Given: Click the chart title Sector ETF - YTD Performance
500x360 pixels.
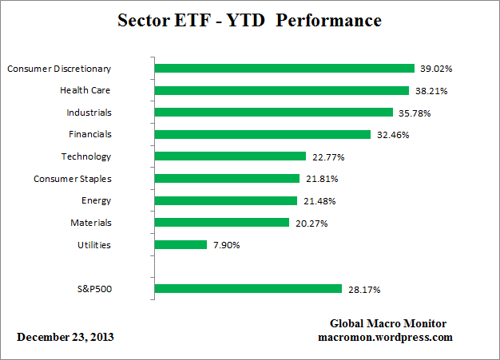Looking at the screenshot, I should [x=249, y=19].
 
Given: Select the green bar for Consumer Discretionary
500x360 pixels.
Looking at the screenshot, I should [x=284, y=69].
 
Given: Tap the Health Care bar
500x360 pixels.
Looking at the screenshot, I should [x=280, y=90].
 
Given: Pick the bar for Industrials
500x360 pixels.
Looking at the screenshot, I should [x=272, y=113].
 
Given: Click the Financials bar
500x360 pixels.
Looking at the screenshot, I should [x=261, y=135].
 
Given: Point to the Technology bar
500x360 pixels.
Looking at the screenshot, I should [x=229, y=156].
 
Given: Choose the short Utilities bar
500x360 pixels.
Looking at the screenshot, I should [x=180, y=245].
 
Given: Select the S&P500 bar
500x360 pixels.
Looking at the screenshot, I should [x=248, y=289].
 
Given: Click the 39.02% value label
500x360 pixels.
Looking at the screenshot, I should [x=435, y=69].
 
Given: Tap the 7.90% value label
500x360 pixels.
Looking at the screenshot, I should [x=227, y=245].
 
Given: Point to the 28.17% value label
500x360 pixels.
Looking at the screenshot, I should [x=362, y=289].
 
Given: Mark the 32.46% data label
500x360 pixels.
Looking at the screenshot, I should [x=392, y=135].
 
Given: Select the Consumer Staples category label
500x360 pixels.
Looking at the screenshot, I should [x=72, y=179].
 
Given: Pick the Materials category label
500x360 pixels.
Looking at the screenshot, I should [x=90, y=223].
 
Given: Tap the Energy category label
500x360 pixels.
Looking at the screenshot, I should [x=96, y=200].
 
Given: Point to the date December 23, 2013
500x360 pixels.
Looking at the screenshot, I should [x=65, y=337].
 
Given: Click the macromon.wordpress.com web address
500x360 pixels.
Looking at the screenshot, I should [x=385, y=337].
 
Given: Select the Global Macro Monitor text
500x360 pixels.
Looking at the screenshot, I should [x=388, y=323].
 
